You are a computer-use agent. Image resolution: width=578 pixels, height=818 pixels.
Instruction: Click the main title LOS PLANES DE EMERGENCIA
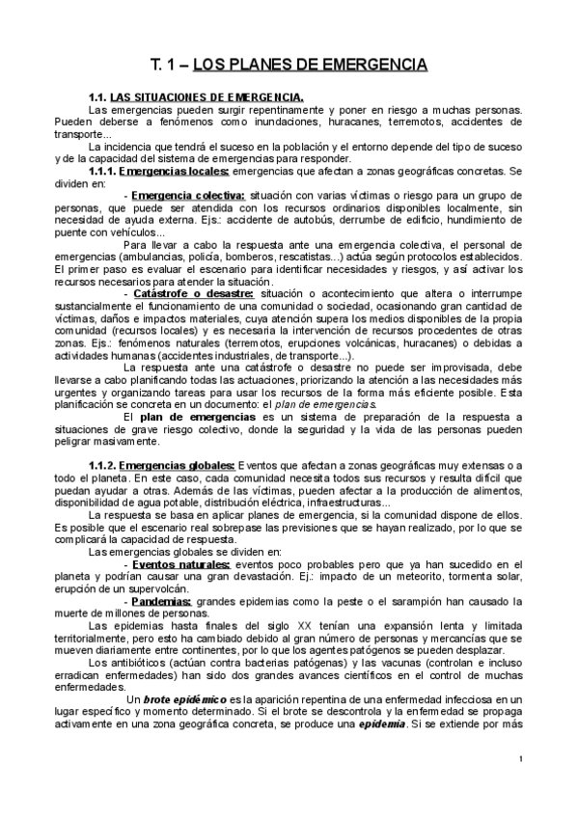tap(289, 66)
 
